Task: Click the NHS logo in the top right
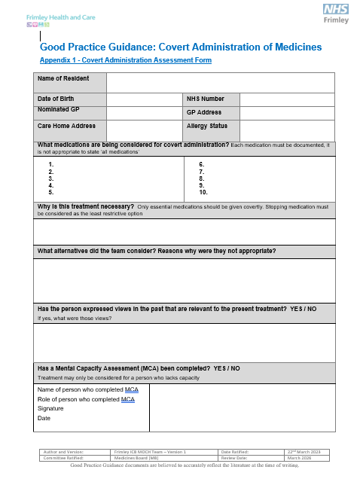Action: click(335, 10)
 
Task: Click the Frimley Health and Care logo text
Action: click(51, 16)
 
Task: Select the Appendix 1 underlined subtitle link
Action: click(125, 60)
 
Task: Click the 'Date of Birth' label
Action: click(56, 99)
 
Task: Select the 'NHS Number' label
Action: click(206, 99)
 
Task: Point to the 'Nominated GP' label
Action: click(56, 110)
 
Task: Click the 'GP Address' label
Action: click(203, 112)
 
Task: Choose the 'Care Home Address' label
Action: click(66, 126)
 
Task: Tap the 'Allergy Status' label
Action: click(207, 126)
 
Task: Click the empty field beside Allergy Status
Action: click(287, 130)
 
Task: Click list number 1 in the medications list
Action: click(50, 164)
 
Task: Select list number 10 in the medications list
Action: click(203, 192)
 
